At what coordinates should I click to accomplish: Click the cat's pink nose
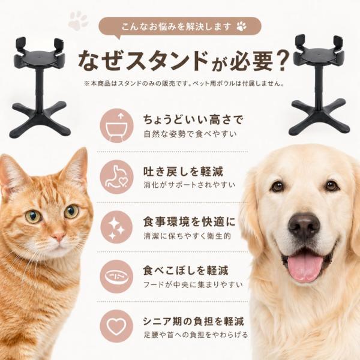(58, 236)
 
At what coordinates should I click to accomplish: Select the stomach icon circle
(116, 177)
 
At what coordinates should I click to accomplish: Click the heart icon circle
(116, 326)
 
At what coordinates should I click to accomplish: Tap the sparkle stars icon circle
(116, 227)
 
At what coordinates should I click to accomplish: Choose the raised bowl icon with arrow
(116, 125)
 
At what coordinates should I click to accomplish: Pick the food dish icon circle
(116, 277)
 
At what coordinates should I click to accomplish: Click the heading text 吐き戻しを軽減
(183, 172)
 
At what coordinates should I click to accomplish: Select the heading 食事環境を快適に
(189, 222)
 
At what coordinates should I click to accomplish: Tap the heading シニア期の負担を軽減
(193, 321)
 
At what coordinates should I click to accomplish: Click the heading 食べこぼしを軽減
(185, 271)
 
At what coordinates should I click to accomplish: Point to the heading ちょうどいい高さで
(193, 120)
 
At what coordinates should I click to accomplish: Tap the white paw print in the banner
(241, 26)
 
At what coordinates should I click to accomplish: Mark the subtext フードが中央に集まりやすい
(193, 284)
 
